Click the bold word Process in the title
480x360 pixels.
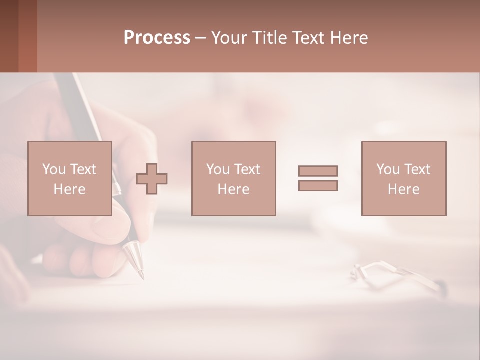[x=157, y=38]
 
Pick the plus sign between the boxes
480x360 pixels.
[x=152, y=179]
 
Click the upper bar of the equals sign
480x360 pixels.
[x=318, y=171]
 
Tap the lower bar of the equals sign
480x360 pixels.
[x=318, y=185]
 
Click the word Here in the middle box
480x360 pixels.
[x=233, y=189]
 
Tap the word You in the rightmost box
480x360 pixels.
[x=388, y=169]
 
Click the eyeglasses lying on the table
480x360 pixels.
[x=395, y=275]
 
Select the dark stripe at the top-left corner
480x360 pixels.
[x=9, y=36]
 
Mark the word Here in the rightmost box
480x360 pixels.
[x=404, y=189]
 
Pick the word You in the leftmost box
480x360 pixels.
[x=54, y=169]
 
